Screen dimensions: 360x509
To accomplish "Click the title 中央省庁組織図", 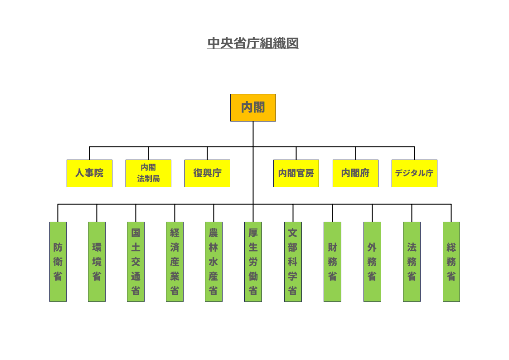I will tap(253, 43).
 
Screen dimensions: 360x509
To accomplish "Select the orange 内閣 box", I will tap(253, 107).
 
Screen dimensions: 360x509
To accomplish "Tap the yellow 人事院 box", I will tap(89, 173).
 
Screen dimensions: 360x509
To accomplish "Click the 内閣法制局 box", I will tap(148, 173).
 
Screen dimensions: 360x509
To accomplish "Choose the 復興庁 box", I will tap(207, 173).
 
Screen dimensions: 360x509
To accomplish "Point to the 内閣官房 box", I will tap(296, 173).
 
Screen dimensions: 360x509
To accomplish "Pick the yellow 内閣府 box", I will tap(355, 173).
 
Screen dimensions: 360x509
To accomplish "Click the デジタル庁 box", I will tap(414, 173).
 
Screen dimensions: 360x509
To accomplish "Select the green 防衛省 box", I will tap(58, 262).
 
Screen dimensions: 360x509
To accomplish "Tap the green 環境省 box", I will tap(97, 262).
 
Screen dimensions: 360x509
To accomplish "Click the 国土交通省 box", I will tap(136, 262).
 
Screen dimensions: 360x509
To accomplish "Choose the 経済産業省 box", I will tap(175, 262).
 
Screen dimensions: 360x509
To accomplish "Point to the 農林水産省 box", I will tap(213, 262).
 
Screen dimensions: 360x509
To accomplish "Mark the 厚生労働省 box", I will tap(253, 262).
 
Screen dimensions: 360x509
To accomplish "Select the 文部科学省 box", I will tap(293, 262).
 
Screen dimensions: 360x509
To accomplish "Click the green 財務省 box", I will tap(332, 262).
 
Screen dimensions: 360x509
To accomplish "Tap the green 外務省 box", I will tap(372, 262).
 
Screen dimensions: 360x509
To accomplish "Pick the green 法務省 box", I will tap(412, 262).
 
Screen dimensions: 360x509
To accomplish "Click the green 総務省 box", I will tap(451, 262).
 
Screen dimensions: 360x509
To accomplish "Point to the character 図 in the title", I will tap(292, 43).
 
